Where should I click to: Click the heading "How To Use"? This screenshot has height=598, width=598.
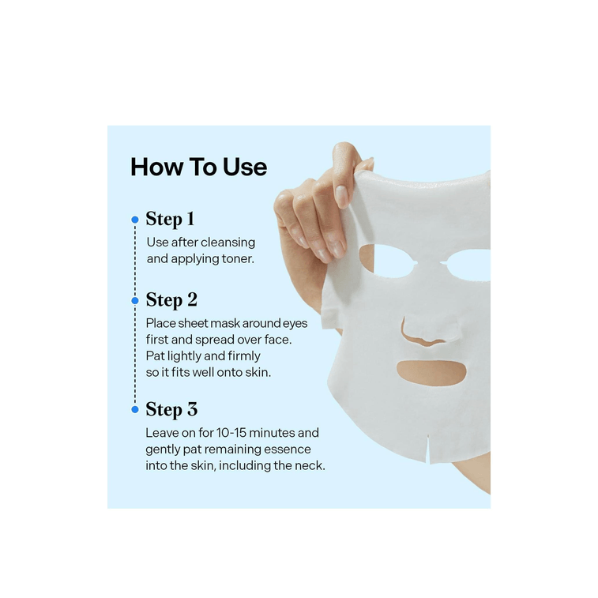pos(198,167)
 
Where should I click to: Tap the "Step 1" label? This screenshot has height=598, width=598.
pos(170,220)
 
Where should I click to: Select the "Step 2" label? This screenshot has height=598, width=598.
pos(171,300)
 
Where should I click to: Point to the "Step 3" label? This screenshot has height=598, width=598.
pos(171,409)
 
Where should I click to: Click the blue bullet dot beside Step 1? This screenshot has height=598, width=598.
pos(135,220)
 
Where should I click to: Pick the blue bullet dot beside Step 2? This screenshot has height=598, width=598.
pos(135,300)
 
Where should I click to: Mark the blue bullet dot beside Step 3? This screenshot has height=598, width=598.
pos(135,409)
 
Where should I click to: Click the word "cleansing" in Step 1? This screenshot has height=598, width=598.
pos(228,243)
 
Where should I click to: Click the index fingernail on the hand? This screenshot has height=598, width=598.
pos(341,196)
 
